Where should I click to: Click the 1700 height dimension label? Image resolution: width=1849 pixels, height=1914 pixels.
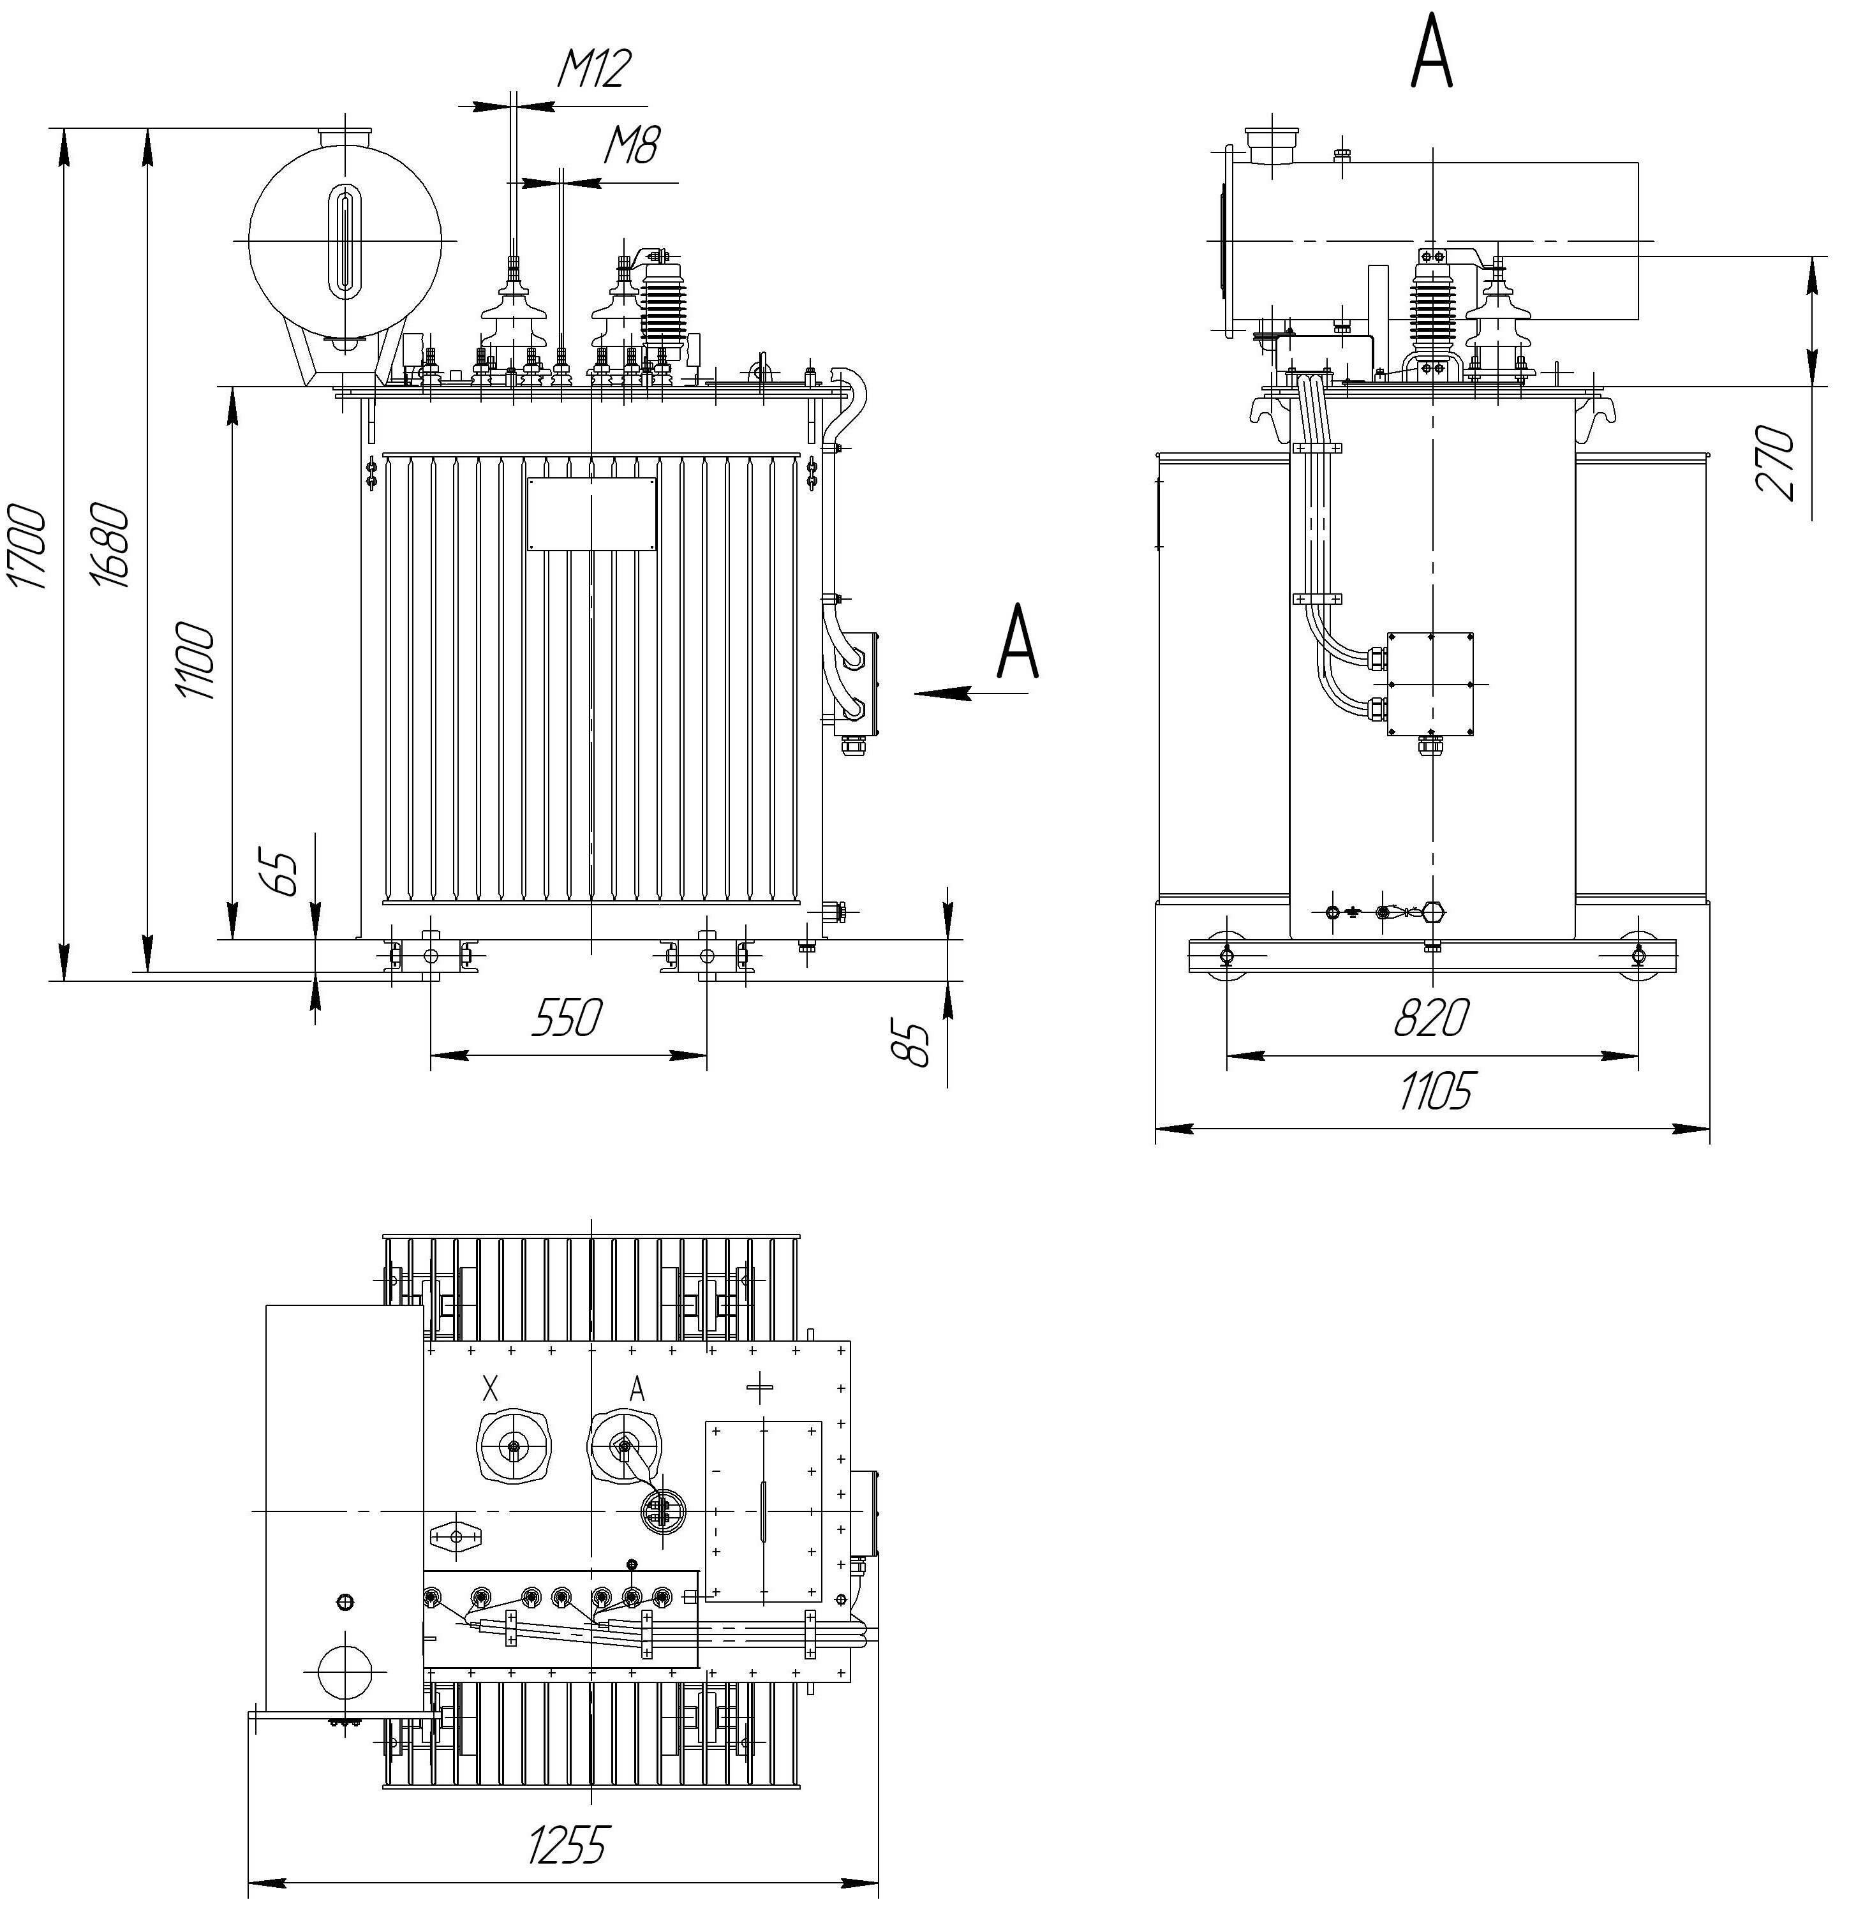[27, 546]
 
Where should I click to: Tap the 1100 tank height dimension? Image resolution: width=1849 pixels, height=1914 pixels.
[195, 660]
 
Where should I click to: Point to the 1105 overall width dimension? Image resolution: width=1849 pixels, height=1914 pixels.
[1434, 1091]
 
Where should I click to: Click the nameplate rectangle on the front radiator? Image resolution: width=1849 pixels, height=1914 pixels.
[591, 514]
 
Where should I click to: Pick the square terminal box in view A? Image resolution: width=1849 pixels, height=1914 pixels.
[1430, 683]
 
